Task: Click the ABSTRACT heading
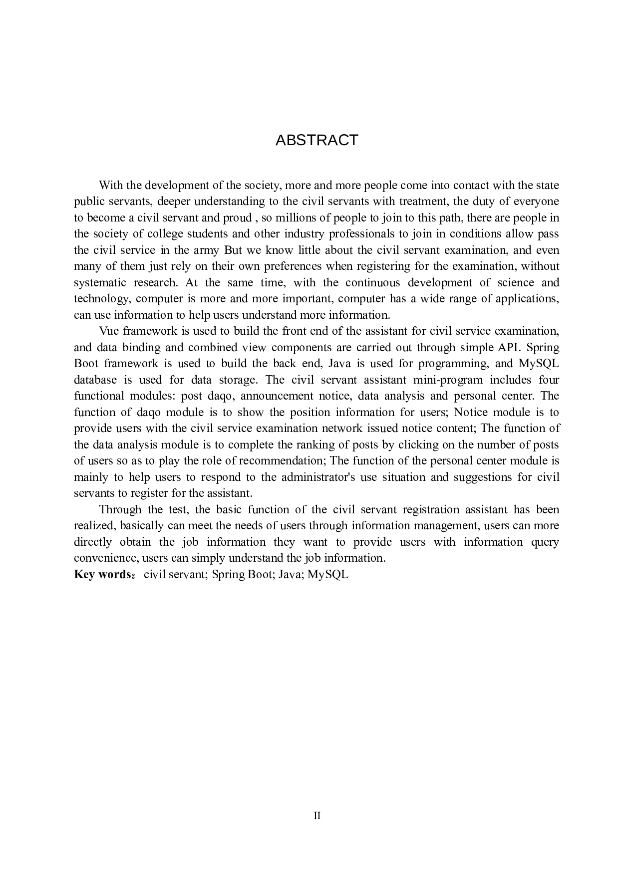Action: point(316,140)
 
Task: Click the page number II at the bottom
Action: point(317,816)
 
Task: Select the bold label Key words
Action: point(102,574)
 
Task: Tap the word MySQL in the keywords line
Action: point(328,574)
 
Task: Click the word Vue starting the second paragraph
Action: point(109,331)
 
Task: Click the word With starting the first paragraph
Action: point(110,185)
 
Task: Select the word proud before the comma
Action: point(237,218)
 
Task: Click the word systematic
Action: point(100,282)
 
